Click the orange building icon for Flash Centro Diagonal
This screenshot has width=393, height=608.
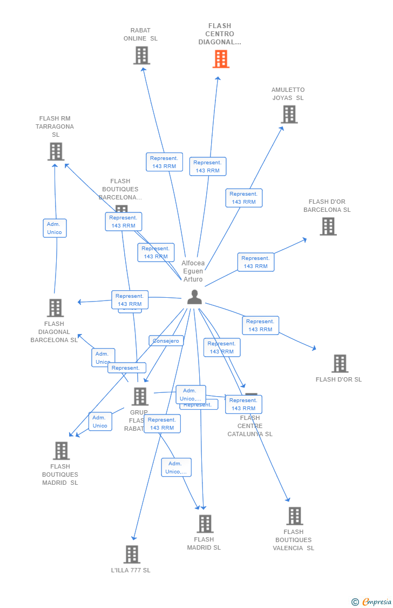pos(221,59)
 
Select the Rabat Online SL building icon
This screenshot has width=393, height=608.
pos(141,56)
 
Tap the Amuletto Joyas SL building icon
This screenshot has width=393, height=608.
pos(289,115)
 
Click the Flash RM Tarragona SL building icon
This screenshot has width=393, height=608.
pos(56,152)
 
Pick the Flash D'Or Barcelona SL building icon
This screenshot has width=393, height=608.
pos(328,226)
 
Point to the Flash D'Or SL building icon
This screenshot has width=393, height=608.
pos(340,364)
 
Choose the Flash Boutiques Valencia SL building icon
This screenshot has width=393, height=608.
pos(294,516)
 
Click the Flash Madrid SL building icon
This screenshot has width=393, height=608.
pos(205,524)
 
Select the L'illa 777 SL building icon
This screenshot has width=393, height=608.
pos(132,554)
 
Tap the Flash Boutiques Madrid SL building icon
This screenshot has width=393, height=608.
pos(61,451)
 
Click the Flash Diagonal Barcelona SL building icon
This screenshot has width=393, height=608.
pos(55,308)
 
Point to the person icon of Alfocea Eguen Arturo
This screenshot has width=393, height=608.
pos(194,297)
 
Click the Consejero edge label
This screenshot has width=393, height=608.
pos(166,341)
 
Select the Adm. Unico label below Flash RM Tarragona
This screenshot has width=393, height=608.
pos(55,228)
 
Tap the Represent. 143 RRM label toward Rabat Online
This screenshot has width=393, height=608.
pos(164,162)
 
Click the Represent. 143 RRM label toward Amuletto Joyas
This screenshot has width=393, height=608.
pos(243,198)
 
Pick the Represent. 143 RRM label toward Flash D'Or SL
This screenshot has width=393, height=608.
pos(260,325)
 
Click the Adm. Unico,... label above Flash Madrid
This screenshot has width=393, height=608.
pos(176,467)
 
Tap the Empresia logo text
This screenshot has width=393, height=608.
pos(376,602)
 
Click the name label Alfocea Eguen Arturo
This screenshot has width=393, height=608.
pos(193,271)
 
